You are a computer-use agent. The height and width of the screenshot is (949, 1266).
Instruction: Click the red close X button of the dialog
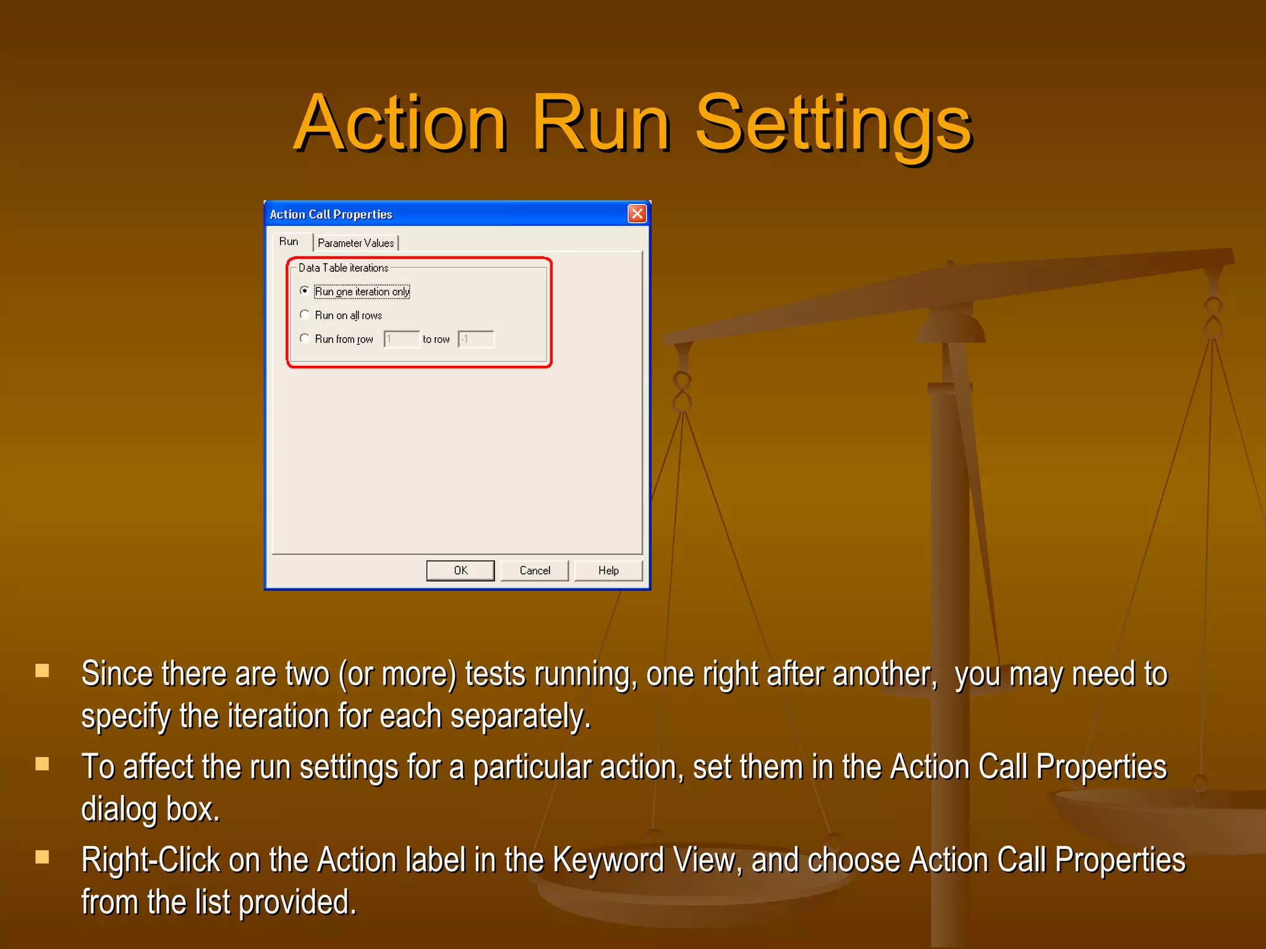(637, 214)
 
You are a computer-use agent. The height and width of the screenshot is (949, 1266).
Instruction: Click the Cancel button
(534, 570)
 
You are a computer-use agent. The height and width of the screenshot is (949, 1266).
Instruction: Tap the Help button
(608, 570)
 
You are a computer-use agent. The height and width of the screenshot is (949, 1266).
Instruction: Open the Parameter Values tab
(355, 243)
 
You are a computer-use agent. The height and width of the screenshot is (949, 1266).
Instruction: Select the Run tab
(289, 242)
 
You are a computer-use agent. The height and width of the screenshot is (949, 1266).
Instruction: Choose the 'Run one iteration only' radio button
(304, 291)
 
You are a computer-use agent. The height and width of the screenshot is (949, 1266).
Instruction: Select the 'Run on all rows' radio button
(304, 315)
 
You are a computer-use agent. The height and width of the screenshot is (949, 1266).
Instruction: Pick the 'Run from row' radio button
(304, 339)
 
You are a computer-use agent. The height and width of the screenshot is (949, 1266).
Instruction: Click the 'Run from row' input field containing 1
(401, 339)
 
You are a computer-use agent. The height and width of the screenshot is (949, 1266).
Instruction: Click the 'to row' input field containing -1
(475, 339)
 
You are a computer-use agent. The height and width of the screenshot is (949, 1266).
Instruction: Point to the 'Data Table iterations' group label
(343, 268)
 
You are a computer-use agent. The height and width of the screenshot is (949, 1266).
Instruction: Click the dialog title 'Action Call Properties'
(331, 214)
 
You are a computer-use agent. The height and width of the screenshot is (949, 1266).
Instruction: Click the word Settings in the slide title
(834, 124)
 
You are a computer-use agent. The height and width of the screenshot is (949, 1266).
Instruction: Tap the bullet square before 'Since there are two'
(42, 670)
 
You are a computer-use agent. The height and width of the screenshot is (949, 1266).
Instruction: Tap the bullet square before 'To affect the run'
(42, 764)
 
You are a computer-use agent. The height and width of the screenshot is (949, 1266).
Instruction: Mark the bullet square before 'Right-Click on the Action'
(42, 857)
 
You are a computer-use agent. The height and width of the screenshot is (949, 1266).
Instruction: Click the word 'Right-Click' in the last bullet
(151, 860)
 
